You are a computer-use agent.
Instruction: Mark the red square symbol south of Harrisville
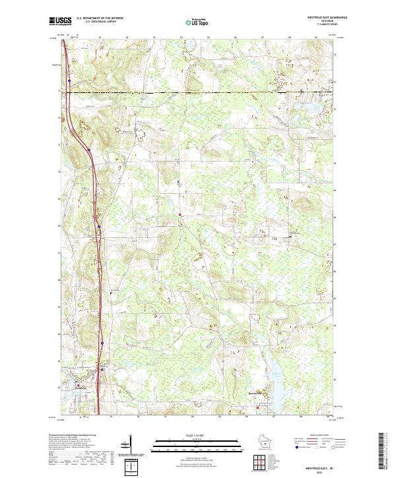coord(257,408)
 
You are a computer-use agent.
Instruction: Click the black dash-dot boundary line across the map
coord(198,93)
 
